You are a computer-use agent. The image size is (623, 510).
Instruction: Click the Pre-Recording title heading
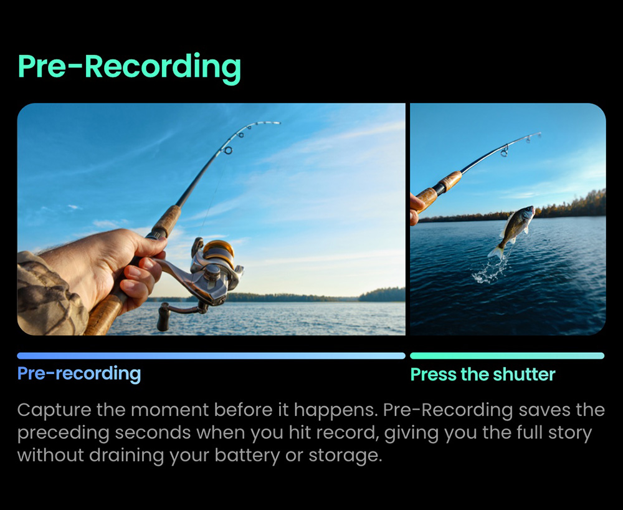129,66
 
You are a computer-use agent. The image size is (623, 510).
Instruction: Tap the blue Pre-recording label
79,373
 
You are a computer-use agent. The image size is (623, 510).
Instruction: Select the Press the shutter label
482,374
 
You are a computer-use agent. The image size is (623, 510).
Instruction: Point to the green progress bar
506,355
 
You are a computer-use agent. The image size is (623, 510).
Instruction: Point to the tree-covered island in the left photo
381,294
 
